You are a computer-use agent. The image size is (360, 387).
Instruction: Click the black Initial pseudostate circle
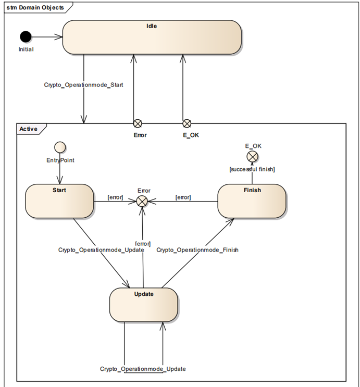(26, 36)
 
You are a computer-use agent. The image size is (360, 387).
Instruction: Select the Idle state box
(152, 37)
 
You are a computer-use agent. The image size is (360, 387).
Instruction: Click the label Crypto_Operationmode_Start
(83, 84)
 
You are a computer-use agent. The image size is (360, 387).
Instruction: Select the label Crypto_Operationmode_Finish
(197, 250)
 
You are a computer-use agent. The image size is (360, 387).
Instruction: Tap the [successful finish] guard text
(252, 169)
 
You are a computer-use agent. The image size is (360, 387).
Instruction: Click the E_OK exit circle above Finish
(252, 156)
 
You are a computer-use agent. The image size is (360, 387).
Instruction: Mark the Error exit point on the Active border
(138, 123)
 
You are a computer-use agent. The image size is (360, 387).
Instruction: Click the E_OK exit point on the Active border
(187, 123)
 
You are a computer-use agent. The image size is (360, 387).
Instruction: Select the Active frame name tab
(29, 129)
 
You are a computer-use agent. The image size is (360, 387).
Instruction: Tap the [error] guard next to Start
(115, 197)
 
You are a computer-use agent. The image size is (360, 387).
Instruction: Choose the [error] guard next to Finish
(183, 197)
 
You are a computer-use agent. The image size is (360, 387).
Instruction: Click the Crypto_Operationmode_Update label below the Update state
(143, 369)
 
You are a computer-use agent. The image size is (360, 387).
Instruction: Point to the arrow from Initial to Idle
(47, 36)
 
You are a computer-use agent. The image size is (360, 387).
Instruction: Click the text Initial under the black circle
(26, 49)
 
